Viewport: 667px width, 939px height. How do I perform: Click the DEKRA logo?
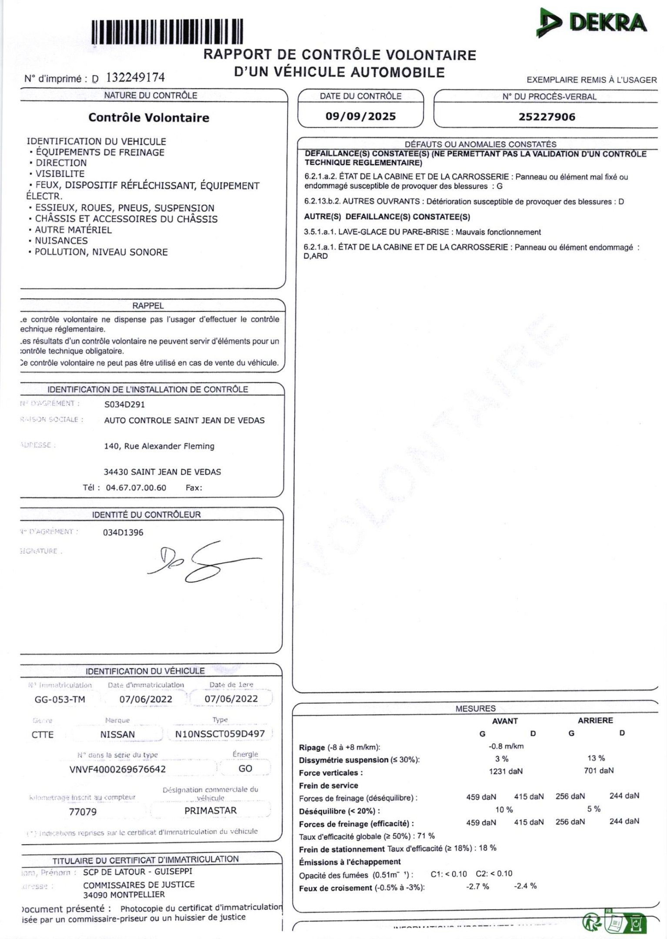tap(592, 23)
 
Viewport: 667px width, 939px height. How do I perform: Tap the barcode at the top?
tap(167, 32)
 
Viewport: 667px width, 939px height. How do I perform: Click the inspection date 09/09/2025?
tap(360, 117)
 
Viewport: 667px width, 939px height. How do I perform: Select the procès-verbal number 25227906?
tap(547, 117)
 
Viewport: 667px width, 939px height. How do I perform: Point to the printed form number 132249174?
tap(135, 78)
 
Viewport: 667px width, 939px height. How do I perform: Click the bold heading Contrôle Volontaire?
tap(149, 117)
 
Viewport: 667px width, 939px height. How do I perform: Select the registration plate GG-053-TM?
tap(60, 699)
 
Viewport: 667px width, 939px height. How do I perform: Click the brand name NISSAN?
tap(117, 734)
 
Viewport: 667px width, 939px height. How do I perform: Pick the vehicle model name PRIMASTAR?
tap(210, 811)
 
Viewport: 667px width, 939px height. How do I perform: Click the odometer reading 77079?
tap(83, 812)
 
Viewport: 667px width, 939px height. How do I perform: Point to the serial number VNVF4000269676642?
tap(117, 769)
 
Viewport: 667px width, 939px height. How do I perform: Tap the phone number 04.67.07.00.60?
tap(136, 488)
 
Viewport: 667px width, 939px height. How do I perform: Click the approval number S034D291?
tap(124, 404)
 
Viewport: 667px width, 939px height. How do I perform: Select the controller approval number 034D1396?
tap(123, 533)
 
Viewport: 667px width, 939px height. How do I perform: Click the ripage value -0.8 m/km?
tap(506, 746)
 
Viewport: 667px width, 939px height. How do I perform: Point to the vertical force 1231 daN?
tap(506, 772)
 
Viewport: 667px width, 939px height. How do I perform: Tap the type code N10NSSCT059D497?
tap(220, 734)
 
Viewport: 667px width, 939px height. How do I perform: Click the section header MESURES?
tap(475, 709)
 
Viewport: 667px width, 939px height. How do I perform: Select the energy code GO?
tap(245, 769)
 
